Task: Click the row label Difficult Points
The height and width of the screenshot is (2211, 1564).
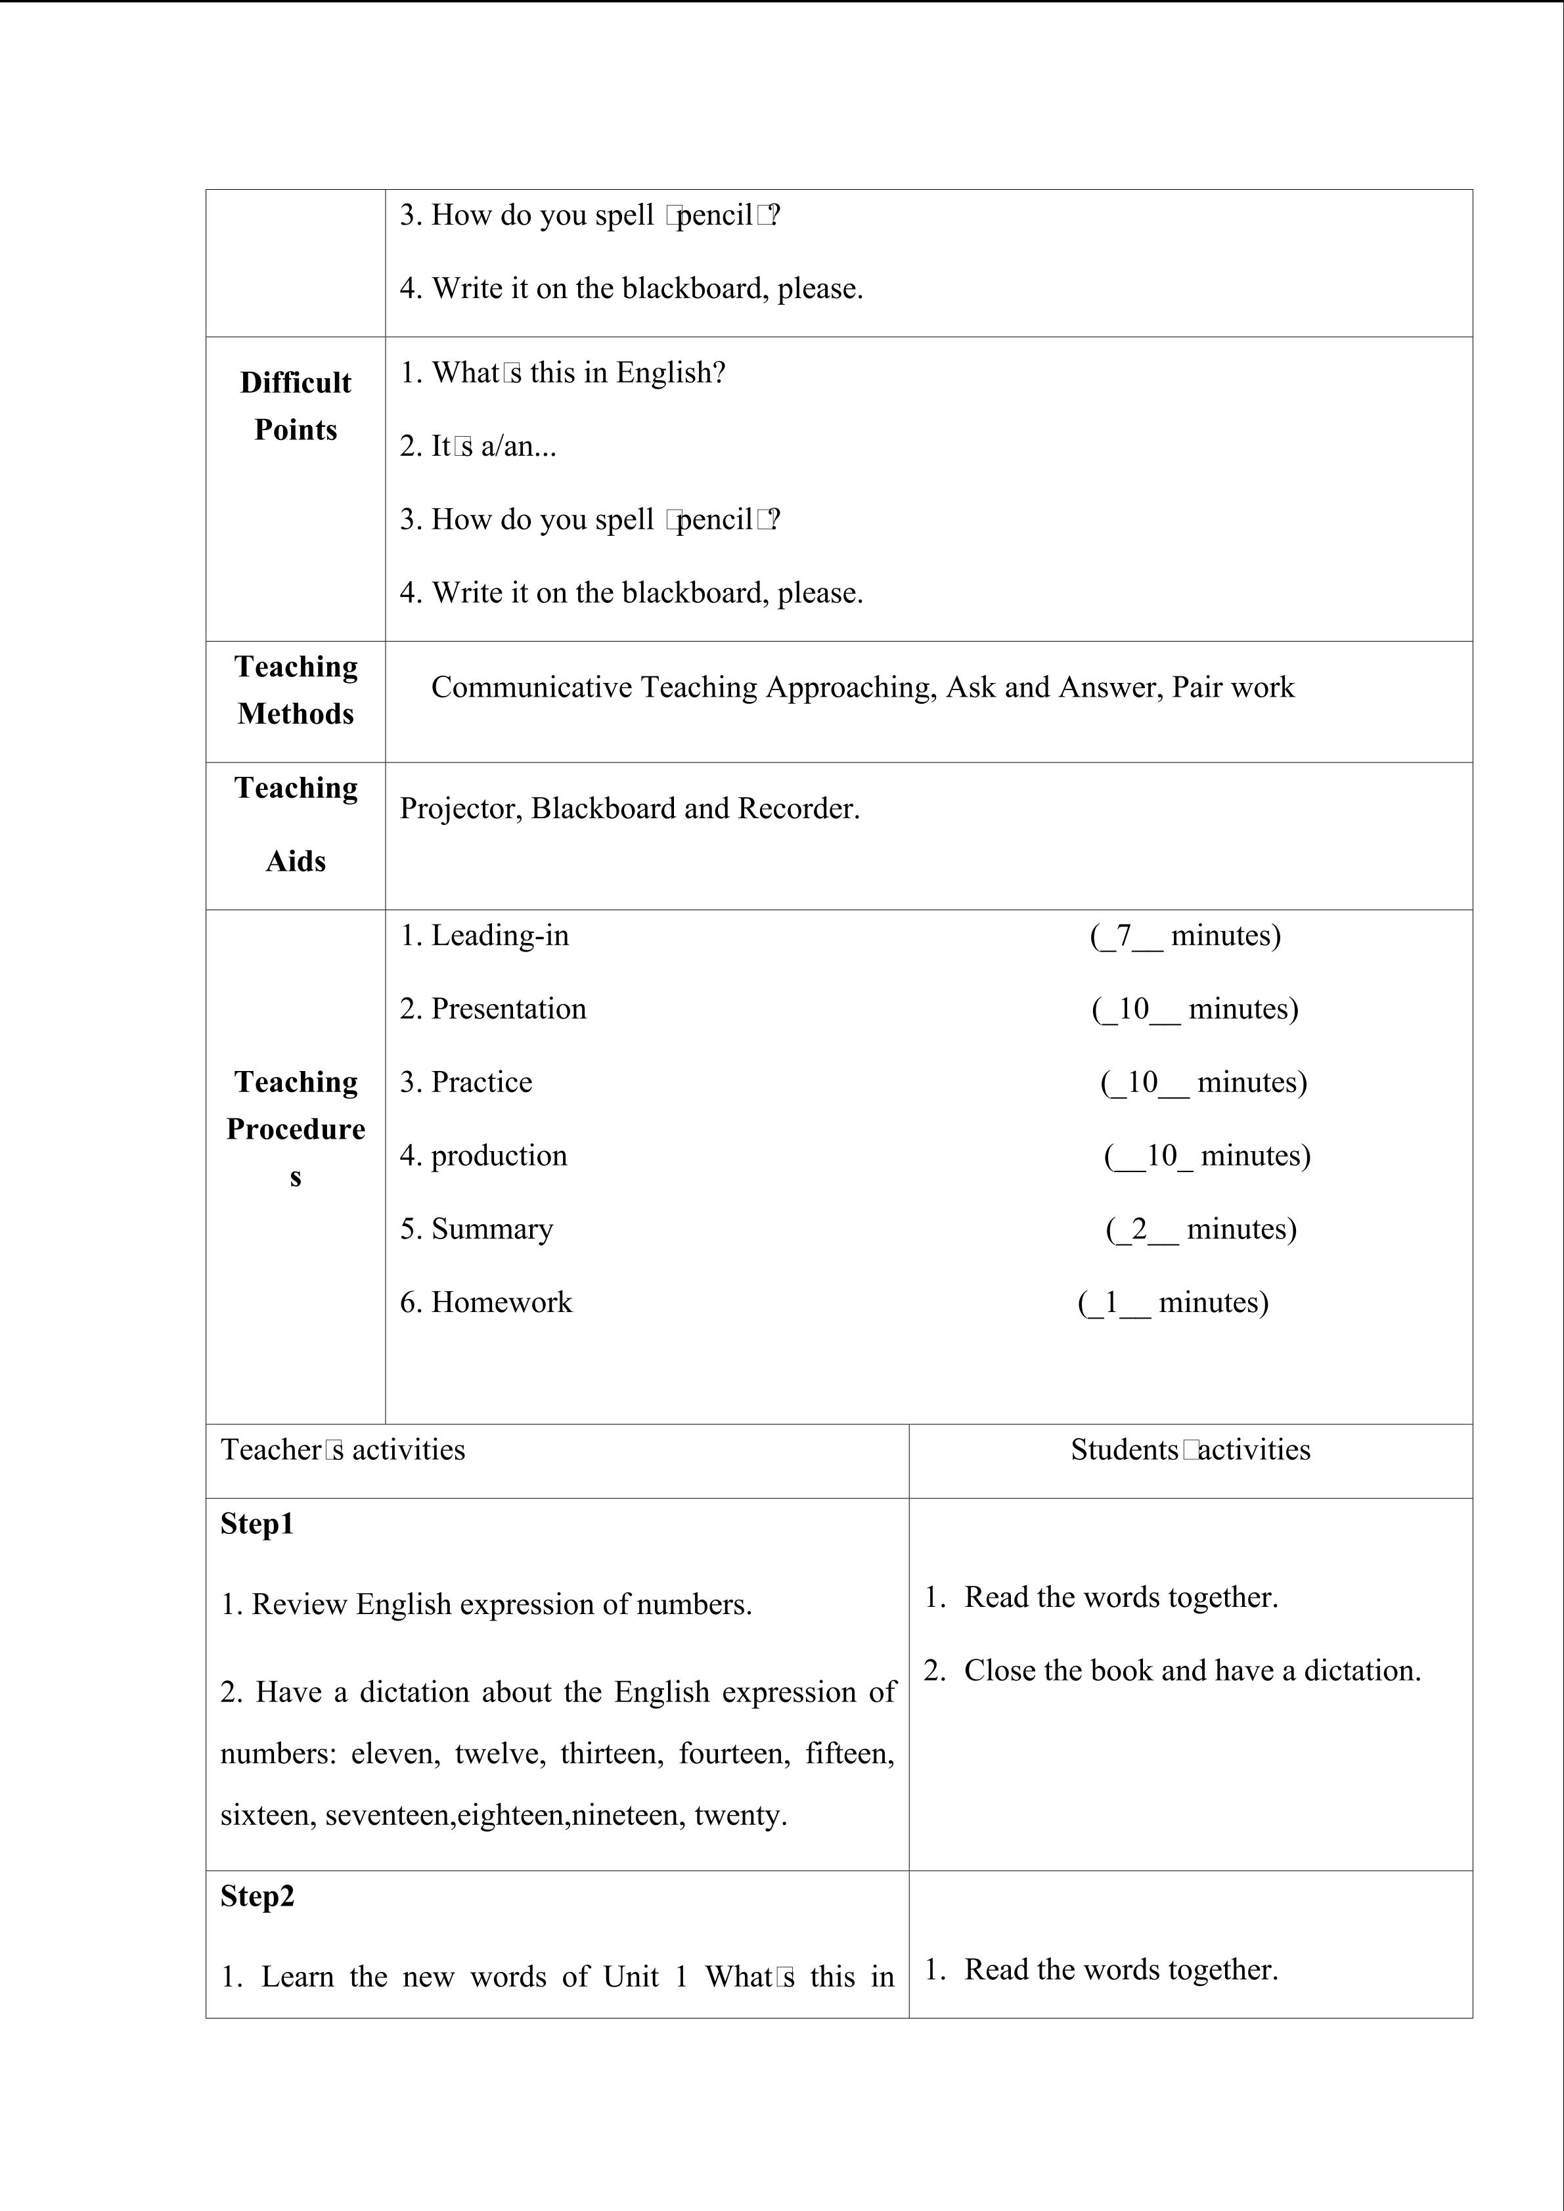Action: [x=296, y=405]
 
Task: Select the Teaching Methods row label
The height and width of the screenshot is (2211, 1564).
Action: [x=296, y=690]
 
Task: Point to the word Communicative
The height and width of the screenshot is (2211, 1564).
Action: [x=531, y=687]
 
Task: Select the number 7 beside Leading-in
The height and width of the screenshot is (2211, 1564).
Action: [x=1123, y=935]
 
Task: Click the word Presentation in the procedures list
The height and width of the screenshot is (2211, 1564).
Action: [x=508, y=1008]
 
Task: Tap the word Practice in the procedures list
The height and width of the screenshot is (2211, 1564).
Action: [x=481, y=1082]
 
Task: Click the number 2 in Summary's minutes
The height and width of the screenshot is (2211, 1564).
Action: [x=1139, y=1228]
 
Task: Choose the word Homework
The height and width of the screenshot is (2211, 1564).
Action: [x=502, y=1302]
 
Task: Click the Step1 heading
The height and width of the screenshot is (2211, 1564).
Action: [x=257, y=1523]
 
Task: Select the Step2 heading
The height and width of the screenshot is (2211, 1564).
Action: [x=257, y=1895]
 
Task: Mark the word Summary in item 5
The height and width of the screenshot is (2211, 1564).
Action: [x=492, y=1229]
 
